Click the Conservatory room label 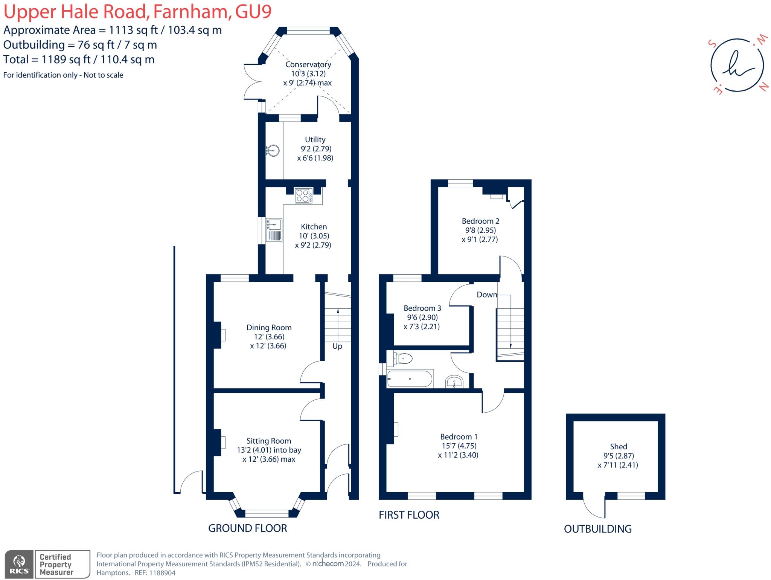point(308,64)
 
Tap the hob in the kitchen point(303,196)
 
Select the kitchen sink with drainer point(274,229)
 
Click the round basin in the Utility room point(273,151)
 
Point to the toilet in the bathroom point(402,358)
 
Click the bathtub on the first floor point(410,379)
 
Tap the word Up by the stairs point(337,346)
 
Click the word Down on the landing point(487,295)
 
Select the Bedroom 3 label point(422,308)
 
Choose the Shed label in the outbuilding point(618,446)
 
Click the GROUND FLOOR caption point(247,528)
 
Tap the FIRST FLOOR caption point(409,515)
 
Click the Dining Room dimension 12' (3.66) point(269,337)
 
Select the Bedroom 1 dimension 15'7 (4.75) point(459,446)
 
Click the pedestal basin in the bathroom point(454,382)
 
